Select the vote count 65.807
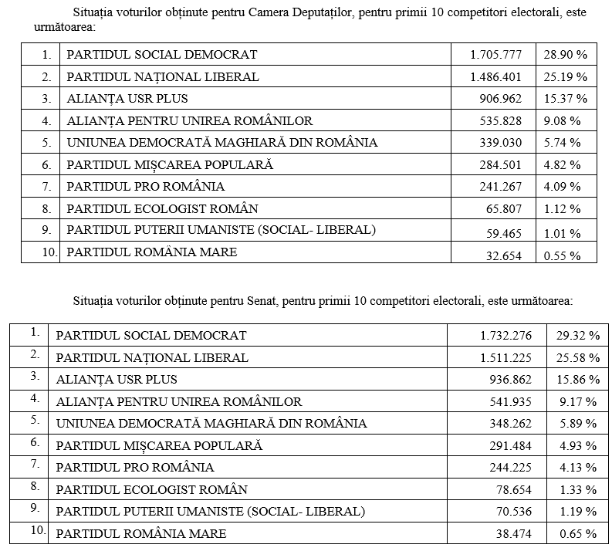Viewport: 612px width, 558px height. (x=503, y=209)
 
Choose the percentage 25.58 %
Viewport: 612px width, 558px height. (x=577, y=357)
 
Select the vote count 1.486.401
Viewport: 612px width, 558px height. (x=495, y=77)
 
